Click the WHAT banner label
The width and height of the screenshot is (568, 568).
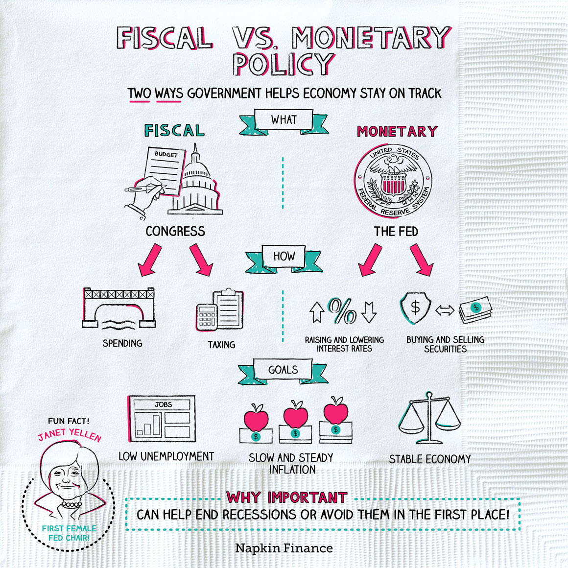[284, 119]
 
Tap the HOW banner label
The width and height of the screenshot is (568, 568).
[284, 256]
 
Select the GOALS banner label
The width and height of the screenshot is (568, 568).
[283, 370]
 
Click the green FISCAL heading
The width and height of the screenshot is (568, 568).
[174, 131]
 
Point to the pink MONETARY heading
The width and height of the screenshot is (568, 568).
[397, 131]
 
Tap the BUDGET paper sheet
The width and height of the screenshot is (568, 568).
[164, 169]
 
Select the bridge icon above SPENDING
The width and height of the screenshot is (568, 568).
[119, 307]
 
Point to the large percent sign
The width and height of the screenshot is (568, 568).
[343, 310]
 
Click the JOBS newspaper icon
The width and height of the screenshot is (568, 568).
[163, 419]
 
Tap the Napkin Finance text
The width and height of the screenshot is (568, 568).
[284, 548]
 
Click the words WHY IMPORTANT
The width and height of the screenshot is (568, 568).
[287, 497]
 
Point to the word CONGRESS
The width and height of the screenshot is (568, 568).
[175, 231]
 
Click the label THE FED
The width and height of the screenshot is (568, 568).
[396, 231]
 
